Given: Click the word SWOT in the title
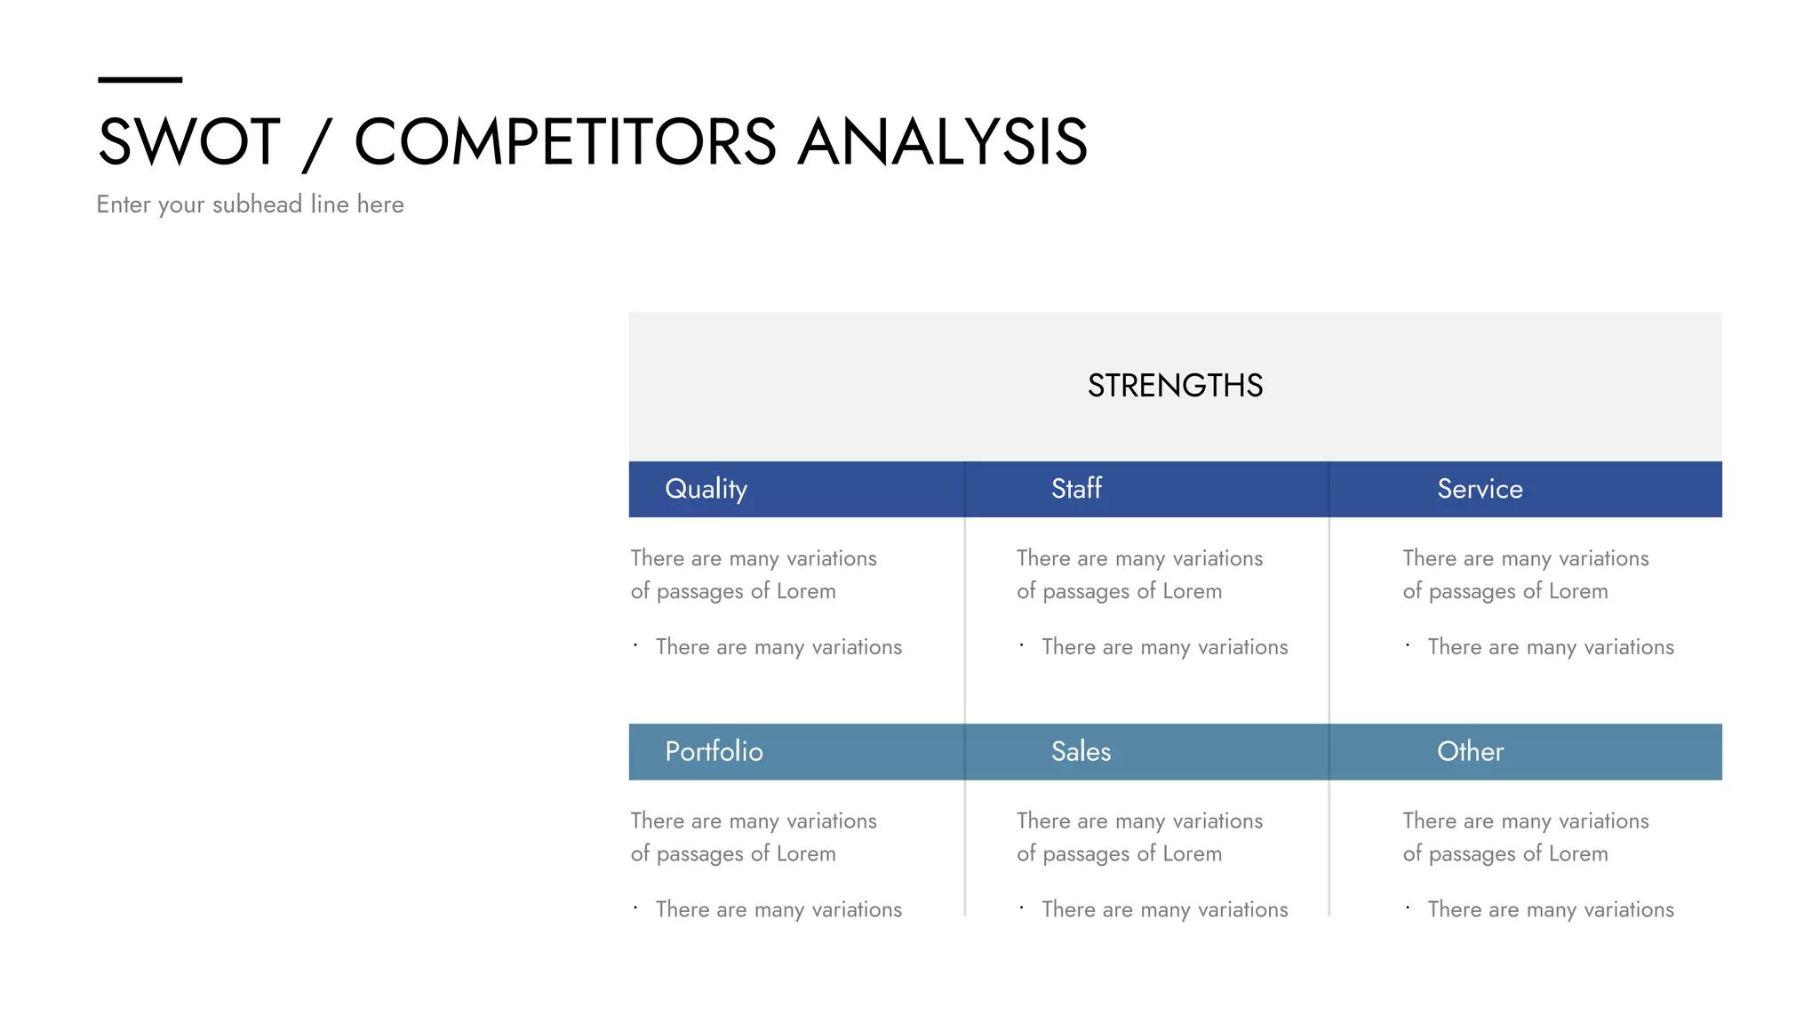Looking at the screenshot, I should [188, 142].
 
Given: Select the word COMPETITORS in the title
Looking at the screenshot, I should [565, 142].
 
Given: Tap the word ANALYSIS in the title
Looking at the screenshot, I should [942, 142].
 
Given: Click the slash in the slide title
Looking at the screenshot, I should [316, 144].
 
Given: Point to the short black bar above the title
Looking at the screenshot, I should [140, 80].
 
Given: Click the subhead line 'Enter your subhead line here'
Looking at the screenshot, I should [250, 204].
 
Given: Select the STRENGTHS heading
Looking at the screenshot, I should [1175, 386].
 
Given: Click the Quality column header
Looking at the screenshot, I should [706, 489].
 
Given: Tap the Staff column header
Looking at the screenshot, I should [1076, 489].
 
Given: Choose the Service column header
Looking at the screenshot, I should [1480, 489].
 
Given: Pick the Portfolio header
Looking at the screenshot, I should [714, 752].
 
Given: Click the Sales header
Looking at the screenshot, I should [1081, 752].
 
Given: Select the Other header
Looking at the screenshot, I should [1470, 752].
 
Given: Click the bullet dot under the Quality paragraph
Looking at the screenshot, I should [635, 645].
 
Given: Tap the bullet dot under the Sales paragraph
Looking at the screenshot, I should [1021, 908].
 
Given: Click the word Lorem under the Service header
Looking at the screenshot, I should [1578, 591].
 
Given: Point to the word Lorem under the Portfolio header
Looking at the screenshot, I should [806, 854].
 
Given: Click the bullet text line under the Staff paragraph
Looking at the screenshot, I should [1164, 647].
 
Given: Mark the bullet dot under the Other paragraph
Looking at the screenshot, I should [1408, 908].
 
